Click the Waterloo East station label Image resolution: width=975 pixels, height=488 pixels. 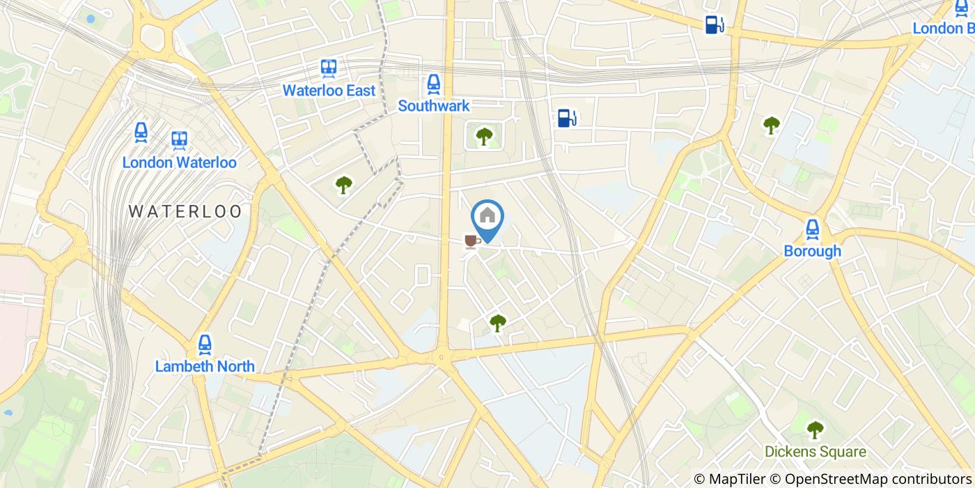coord(329,91)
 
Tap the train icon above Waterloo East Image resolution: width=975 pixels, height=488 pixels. coord(329,68)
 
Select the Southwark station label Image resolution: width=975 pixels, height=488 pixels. coord(434,106)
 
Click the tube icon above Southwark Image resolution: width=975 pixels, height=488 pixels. coord(434,84)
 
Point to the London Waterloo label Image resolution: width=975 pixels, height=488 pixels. coord(179,162)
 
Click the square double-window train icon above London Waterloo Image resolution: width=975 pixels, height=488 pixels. coord(180,140)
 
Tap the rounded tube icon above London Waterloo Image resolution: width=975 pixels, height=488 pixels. coord(141,132)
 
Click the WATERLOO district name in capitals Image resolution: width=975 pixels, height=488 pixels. coord(185,211)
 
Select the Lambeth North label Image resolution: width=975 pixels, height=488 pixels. coord(205,366)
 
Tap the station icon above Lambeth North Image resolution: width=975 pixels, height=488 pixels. coord(205,344)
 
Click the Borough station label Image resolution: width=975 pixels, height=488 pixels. coord(812,251)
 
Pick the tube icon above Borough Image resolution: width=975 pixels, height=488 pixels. coord(812,229)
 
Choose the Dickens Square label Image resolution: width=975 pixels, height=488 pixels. coord(815,452)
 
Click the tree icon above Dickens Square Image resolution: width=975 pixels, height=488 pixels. coord(815,429)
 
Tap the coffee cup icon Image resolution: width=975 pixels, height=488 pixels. coord(472,241)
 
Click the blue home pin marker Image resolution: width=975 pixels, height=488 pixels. coord(487,218)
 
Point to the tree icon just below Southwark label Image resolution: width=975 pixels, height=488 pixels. coord(483,136)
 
